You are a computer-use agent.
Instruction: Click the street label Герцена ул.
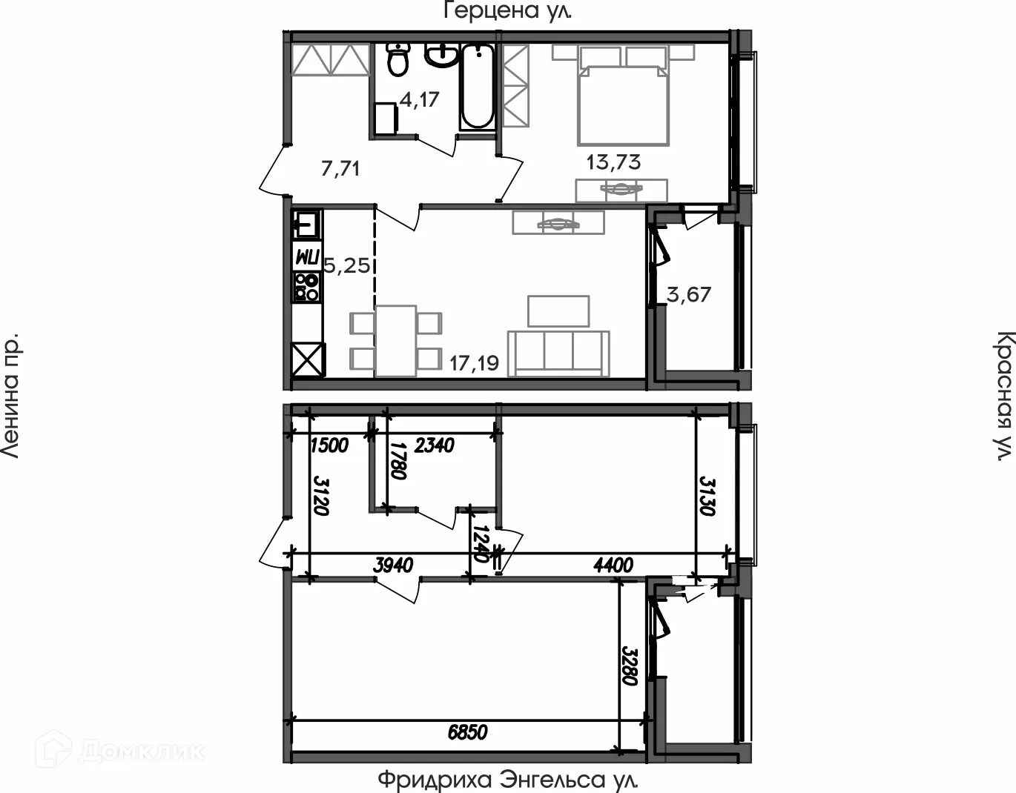507,10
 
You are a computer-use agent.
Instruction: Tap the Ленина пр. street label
10,396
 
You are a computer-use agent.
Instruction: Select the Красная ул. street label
1003,396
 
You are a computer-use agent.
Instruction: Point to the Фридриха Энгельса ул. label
508,780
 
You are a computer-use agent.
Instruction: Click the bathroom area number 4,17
420,99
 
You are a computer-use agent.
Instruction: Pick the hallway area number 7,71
340,168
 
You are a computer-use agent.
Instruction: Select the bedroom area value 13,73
613,162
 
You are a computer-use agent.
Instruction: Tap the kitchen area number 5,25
347,265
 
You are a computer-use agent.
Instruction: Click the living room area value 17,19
474,363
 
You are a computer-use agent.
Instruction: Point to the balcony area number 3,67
689,295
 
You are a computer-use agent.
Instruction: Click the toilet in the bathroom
398,59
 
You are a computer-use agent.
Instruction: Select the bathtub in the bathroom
477,87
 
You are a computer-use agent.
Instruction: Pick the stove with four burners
307,286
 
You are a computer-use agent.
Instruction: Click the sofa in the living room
558,354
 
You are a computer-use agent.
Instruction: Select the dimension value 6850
467,731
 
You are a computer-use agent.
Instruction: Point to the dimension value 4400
613,565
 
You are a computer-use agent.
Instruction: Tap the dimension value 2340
434,445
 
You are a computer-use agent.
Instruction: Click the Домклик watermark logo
121,751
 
